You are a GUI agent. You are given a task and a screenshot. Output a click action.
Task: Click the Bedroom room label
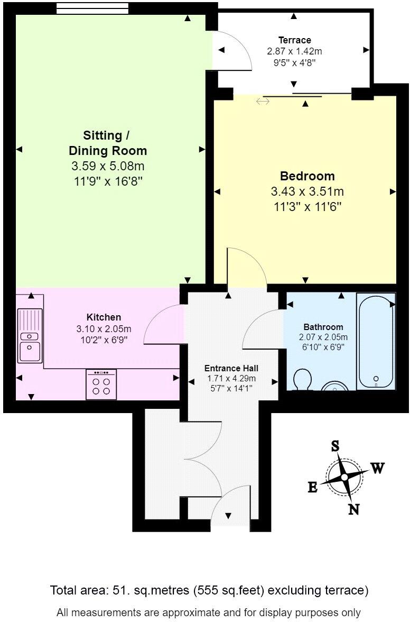click(x=307, y=176)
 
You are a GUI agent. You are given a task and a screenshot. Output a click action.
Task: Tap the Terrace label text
click(x=295, y=40)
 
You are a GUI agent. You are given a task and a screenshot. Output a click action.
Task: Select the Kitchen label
click(x=104, y=317)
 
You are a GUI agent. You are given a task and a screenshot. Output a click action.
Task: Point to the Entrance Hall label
click(x=231, y=368)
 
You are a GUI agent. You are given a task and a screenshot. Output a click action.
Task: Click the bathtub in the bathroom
click(x=375, y=341)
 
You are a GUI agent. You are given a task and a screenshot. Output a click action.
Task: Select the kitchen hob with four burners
click(x=101, y=385)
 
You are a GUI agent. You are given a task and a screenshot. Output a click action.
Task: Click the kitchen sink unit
click(x=30, y=335)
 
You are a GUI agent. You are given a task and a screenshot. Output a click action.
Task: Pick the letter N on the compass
click(x=353, y=509)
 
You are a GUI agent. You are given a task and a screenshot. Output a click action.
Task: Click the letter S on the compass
click(x=335, y=446)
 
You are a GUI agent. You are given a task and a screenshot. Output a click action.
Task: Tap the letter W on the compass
click(x=377, y=468)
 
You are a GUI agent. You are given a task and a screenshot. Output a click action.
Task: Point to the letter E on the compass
click(x=313, y=488)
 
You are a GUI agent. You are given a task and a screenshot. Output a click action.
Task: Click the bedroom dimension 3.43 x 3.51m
click(x=307, y=191)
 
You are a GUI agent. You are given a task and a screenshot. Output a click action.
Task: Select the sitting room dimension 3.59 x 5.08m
click(x=108, y=166)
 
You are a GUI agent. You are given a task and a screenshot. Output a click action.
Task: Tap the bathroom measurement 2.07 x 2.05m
click(x=323, y=337)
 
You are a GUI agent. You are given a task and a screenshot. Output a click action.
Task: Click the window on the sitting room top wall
click(x=92, y=8)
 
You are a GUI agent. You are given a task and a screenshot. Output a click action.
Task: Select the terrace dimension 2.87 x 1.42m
click(x=295, y=51)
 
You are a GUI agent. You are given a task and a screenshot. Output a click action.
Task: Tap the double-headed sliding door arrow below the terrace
click(x=263, y=101)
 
